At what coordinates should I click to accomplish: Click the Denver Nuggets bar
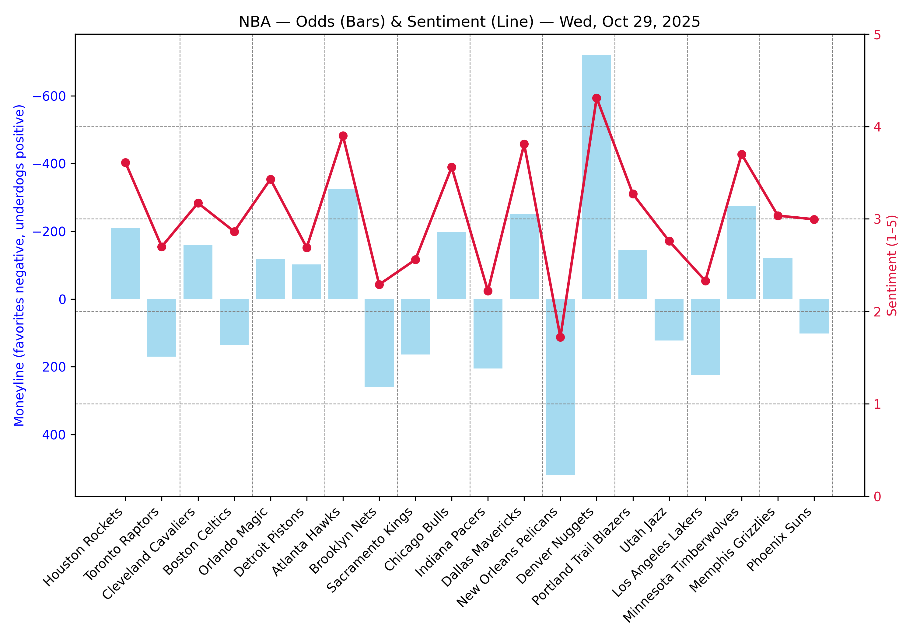point(596,177)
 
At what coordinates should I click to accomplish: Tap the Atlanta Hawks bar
point(343,244)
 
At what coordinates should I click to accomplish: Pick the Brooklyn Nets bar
point(379,343)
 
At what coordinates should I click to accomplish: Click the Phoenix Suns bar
point(814,316)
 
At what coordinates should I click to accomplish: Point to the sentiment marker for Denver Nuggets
point(596,98)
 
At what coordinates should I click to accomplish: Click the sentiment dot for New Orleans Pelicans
point(560,337)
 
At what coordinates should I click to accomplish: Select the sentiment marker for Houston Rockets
point(126,162)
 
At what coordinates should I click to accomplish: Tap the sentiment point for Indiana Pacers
point(488,291)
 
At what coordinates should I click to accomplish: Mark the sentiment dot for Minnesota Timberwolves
point(742,154)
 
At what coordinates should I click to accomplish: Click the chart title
point(469,22)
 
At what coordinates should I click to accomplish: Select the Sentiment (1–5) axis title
point(892,265)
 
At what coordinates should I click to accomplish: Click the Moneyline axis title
point(19,265)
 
